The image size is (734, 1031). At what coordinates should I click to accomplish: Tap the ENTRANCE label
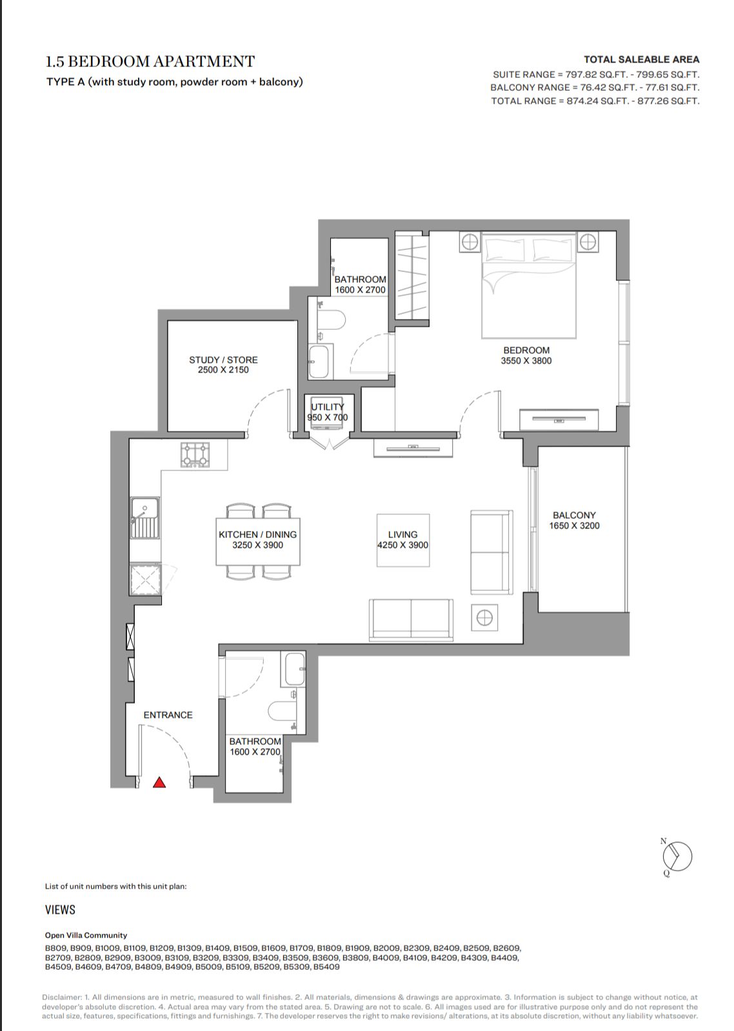[x=168, y=715]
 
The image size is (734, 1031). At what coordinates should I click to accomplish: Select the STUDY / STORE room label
[x=223, y=360]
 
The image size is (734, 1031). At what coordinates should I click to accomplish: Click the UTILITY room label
[x=328, y=407]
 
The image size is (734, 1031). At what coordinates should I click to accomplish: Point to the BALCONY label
[x=574, y=515]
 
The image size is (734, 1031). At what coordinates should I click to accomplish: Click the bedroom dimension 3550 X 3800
[x=526, y=361]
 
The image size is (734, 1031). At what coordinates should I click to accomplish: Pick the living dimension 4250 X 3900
[x=402, y=545]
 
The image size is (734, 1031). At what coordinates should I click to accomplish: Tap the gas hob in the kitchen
[x=195, y=455]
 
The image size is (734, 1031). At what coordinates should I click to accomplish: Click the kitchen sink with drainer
[x=145, y=518]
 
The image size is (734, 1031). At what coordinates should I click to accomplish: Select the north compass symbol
[x=677, y=856]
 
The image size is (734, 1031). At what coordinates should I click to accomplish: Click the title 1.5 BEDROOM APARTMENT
[x=150, y=61]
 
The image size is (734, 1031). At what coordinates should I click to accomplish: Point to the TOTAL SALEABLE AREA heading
[x=641, y=59]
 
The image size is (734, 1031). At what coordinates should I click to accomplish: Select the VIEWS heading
[x=60, y=909]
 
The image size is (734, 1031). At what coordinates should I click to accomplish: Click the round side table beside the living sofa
[x=484, y=618]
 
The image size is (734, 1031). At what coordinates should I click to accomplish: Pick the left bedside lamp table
[x=470, y=242]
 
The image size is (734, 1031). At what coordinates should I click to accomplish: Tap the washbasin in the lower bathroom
[x=295, y=670]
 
